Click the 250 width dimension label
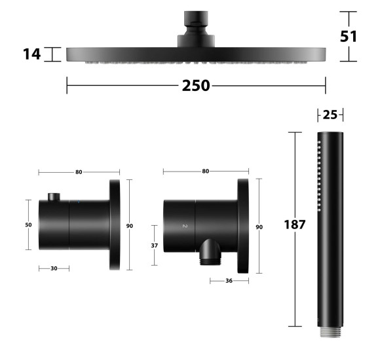(196, 86)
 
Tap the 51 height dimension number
(349, 37)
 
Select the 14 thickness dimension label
(31, 54)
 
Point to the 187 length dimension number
(294, 225)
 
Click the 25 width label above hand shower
(330, 115)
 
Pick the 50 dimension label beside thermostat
(28, 225)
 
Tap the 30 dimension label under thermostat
(54, 268)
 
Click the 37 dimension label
(155, 245)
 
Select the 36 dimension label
(229, 281)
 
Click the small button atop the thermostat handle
(54, 197)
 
